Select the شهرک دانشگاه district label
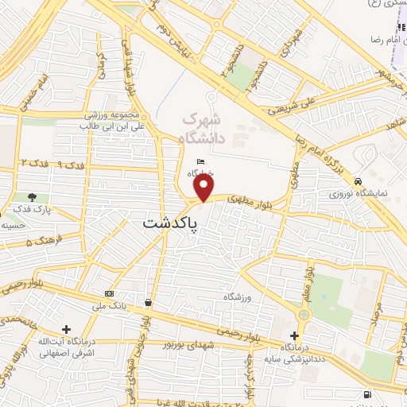204,128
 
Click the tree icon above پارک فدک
33,196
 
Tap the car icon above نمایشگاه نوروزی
360,180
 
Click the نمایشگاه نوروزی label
360,193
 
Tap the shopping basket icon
149,302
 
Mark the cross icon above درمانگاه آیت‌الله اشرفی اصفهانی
66,329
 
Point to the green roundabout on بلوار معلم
301,314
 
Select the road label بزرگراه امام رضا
319,155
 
